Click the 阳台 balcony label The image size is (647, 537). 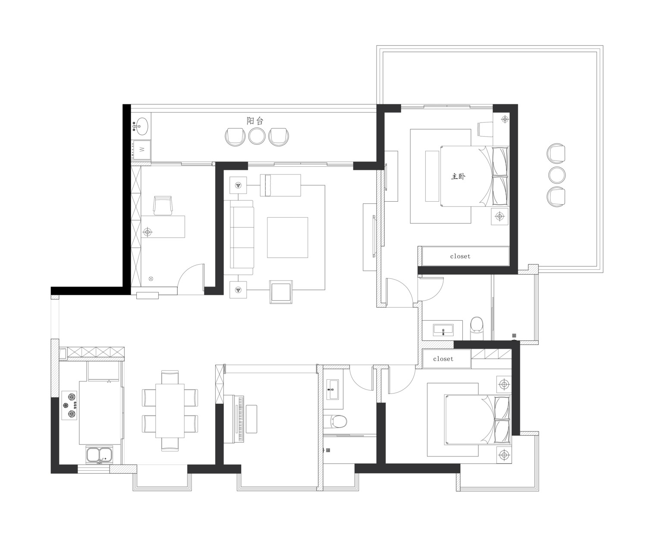pos(255,121)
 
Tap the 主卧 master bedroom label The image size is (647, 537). pos(458,177)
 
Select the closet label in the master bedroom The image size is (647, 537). pos(460,256)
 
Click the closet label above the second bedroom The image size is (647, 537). pos(443,359)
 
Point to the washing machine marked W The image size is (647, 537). pos(142,150)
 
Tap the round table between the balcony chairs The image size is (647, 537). pos(257,136)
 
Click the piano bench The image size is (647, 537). pos(251,419)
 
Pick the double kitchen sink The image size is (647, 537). pos(100,455)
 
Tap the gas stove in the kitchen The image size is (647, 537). pos(69,406)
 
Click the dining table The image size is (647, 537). pos(170,411)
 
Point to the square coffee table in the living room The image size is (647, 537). pos(288,237)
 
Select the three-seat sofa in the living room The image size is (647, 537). pos(242,237)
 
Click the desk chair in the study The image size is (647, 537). pos(163,205)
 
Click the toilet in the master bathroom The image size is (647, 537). pos(477,328)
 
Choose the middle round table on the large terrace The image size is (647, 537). pos(557,175)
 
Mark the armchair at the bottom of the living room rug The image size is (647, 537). pos(281,292)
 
